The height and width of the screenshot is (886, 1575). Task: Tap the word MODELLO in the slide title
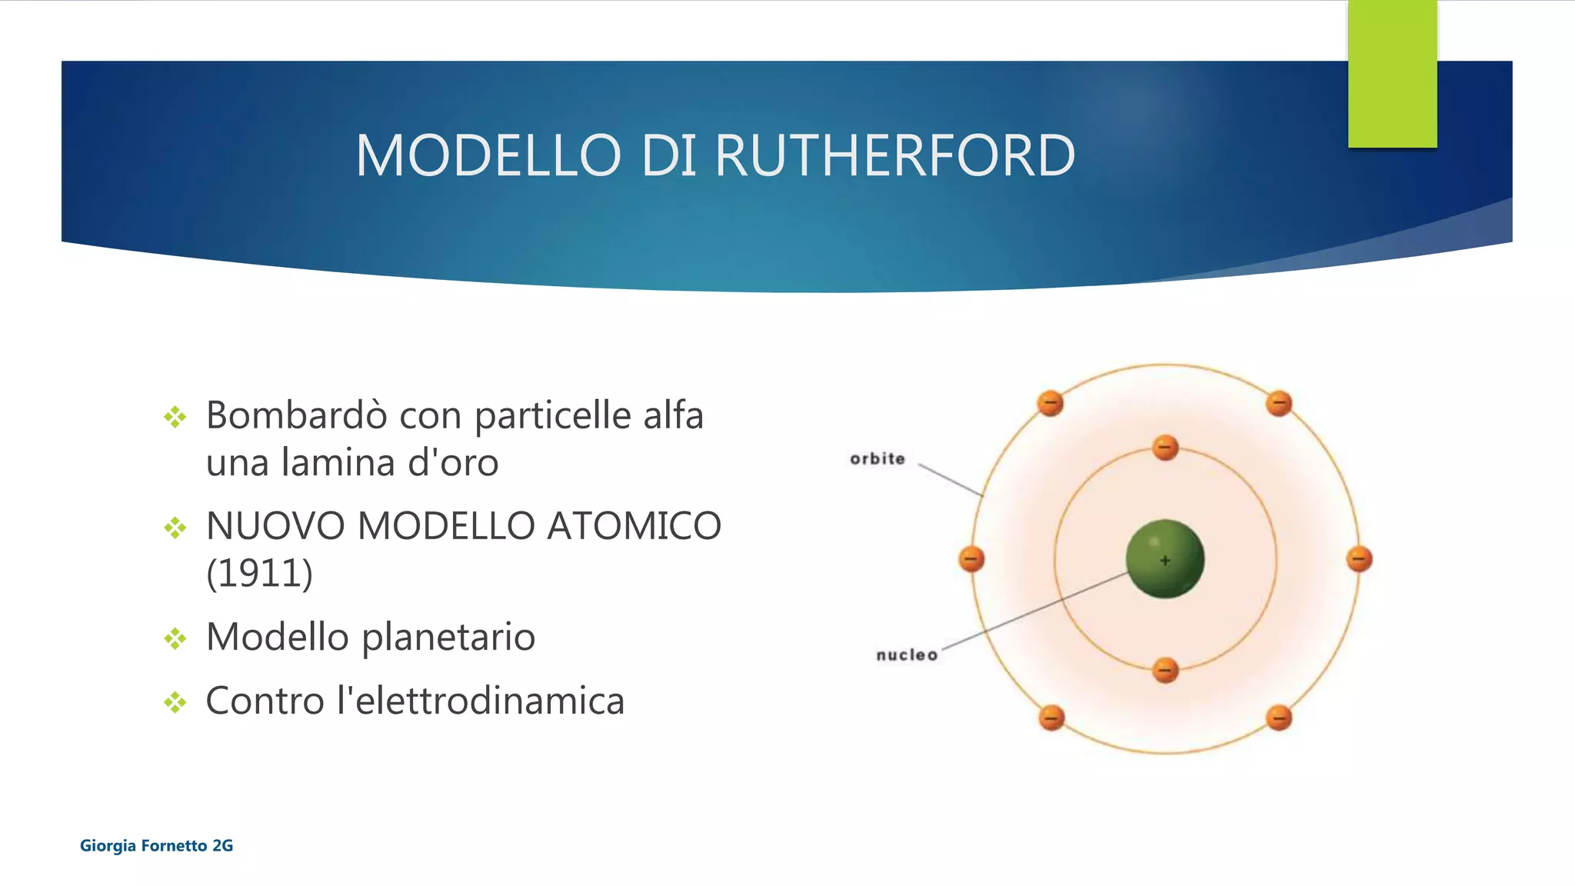click(x=488, y=156)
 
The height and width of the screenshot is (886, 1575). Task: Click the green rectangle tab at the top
click(x=1392, y=73)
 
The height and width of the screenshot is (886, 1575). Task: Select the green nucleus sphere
click(x=1164, y=559)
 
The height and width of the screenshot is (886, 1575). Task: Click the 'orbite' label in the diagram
click(x=877, y=459)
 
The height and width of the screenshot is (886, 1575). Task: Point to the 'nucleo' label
click(x=907, y=655)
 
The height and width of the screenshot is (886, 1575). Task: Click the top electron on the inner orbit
click(x=1165, y=448)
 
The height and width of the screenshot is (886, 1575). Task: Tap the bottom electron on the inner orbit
click(x=1165, y=670)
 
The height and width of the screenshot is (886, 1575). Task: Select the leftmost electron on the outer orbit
click(x=971, y=559)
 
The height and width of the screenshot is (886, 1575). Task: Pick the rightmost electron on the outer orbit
click(x=1359, y=559)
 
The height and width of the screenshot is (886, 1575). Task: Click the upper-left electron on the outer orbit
click(x=1051, y=403)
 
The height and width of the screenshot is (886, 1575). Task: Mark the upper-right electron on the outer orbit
click(x=1279, y=403)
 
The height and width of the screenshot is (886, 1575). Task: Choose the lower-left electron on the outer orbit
click(x=1051, y=718)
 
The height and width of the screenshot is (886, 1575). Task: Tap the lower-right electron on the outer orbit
click(x=1279, y=718)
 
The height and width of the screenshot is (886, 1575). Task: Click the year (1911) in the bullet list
click(x=259, y=574)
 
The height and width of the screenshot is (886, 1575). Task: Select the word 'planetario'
click(x=448, y=638)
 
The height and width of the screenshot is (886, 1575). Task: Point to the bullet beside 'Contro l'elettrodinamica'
click(x=175, y=701)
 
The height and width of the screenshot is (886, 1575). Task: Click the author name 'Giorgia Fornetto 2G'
click(x=156, y=846)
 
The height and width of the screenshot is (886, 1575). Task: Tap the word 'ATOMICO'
click(x=634, y=527)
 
